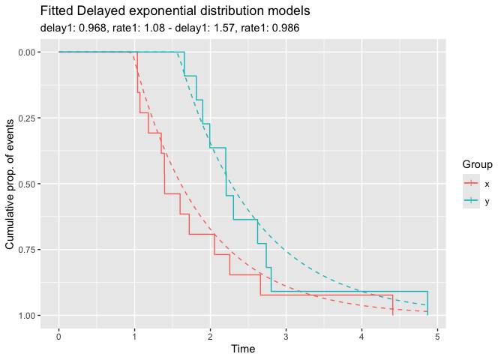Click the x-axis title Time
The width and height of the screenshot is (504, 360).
coord(243,349)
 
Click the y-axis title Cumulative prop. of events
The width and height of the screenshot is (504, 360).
coord(10,184)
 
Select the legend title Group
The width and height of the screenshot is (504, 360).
coord(476,164)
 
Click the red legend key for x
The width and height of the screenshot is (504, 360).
coord(470,183)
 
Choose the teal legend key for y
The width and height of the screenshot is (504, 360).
coord(470,200)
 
